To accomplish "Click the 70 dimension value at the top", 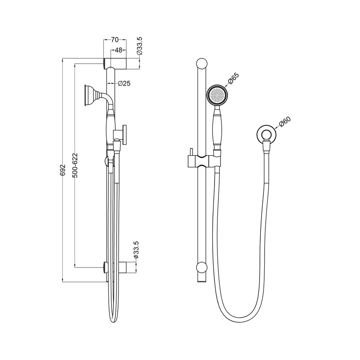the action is pos(115,40).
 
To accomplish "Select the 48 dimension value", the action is pos(118,50).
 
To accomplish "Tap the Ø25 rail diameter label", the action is pos(124,84).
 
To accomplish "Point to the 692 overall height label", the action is pos(63,170).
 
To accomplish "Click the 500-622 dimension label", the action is pos(75,165).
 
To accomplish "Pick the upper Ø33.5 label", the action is pos(140,46).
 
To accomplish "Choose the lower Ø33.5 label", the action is pos(136,250).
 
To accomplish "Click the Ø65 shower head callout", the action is pos(234,78).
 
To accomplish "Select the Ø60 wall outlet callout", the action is pos(285,122).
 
